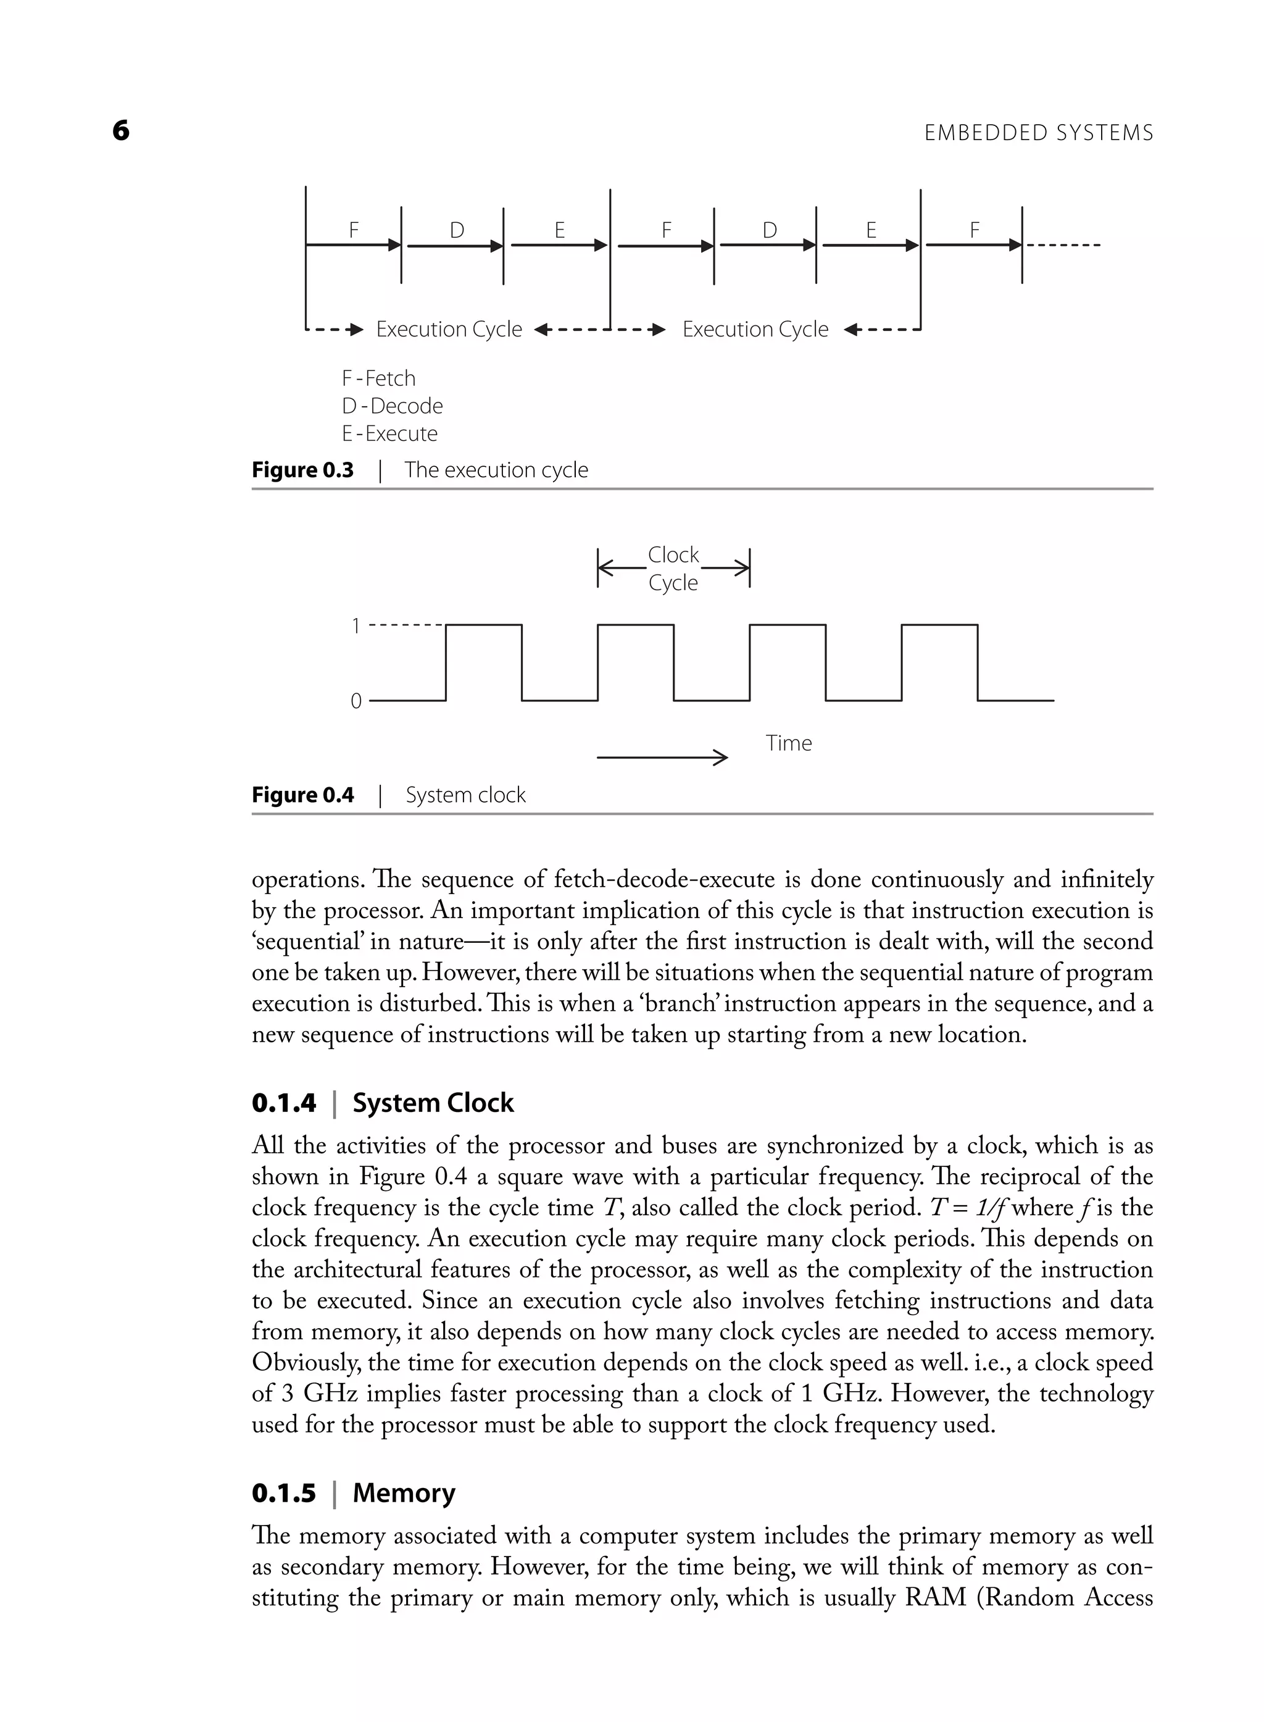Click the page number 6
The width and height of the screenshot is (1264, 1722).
tap(121, 131)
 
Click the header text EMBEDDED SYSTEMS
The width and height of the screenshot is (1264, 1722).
tap(1038, 133)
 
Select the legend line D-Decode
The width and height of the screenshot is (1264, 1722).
tap(392, 406)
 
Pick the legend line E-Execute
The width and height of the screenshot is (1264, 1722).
tap(389, 433)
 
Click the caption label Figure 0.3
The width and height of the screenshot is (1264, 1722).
tap(302, 470)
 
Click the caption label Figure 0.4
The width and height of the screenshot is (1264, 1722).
tap(302, 795)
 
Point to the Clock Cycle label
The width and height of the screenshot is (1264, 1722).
tap(673, 569)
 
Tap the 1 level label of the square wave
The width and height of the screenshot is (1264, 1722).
tap(355, 626)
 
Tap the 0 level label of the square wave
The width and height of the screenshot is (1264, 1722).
tap(355, 701)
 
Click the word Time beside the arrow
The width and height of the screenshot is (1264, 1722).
tap(788, 743)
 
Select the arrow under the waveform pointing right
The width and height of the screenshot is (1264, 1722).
tap(661, 758)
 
